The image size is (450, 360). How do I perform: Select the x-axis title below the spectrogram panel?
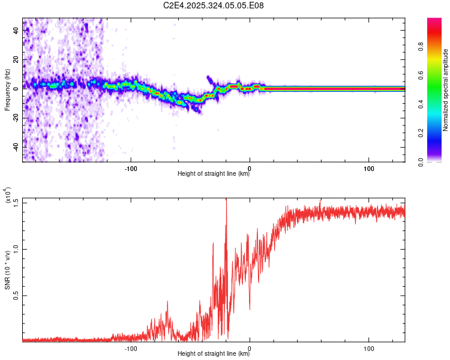214,175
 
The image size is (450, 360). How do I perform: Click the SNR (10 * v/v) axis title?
7,270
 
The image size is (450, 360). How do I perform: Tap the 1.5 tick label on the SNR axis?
15,203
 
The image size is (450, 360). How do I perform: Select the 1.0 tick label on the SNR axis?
15,249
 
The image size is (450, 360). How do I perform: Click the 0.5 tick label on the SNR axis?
15,295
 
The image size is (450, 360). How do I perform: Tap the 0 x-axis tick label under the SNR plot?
250,348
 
